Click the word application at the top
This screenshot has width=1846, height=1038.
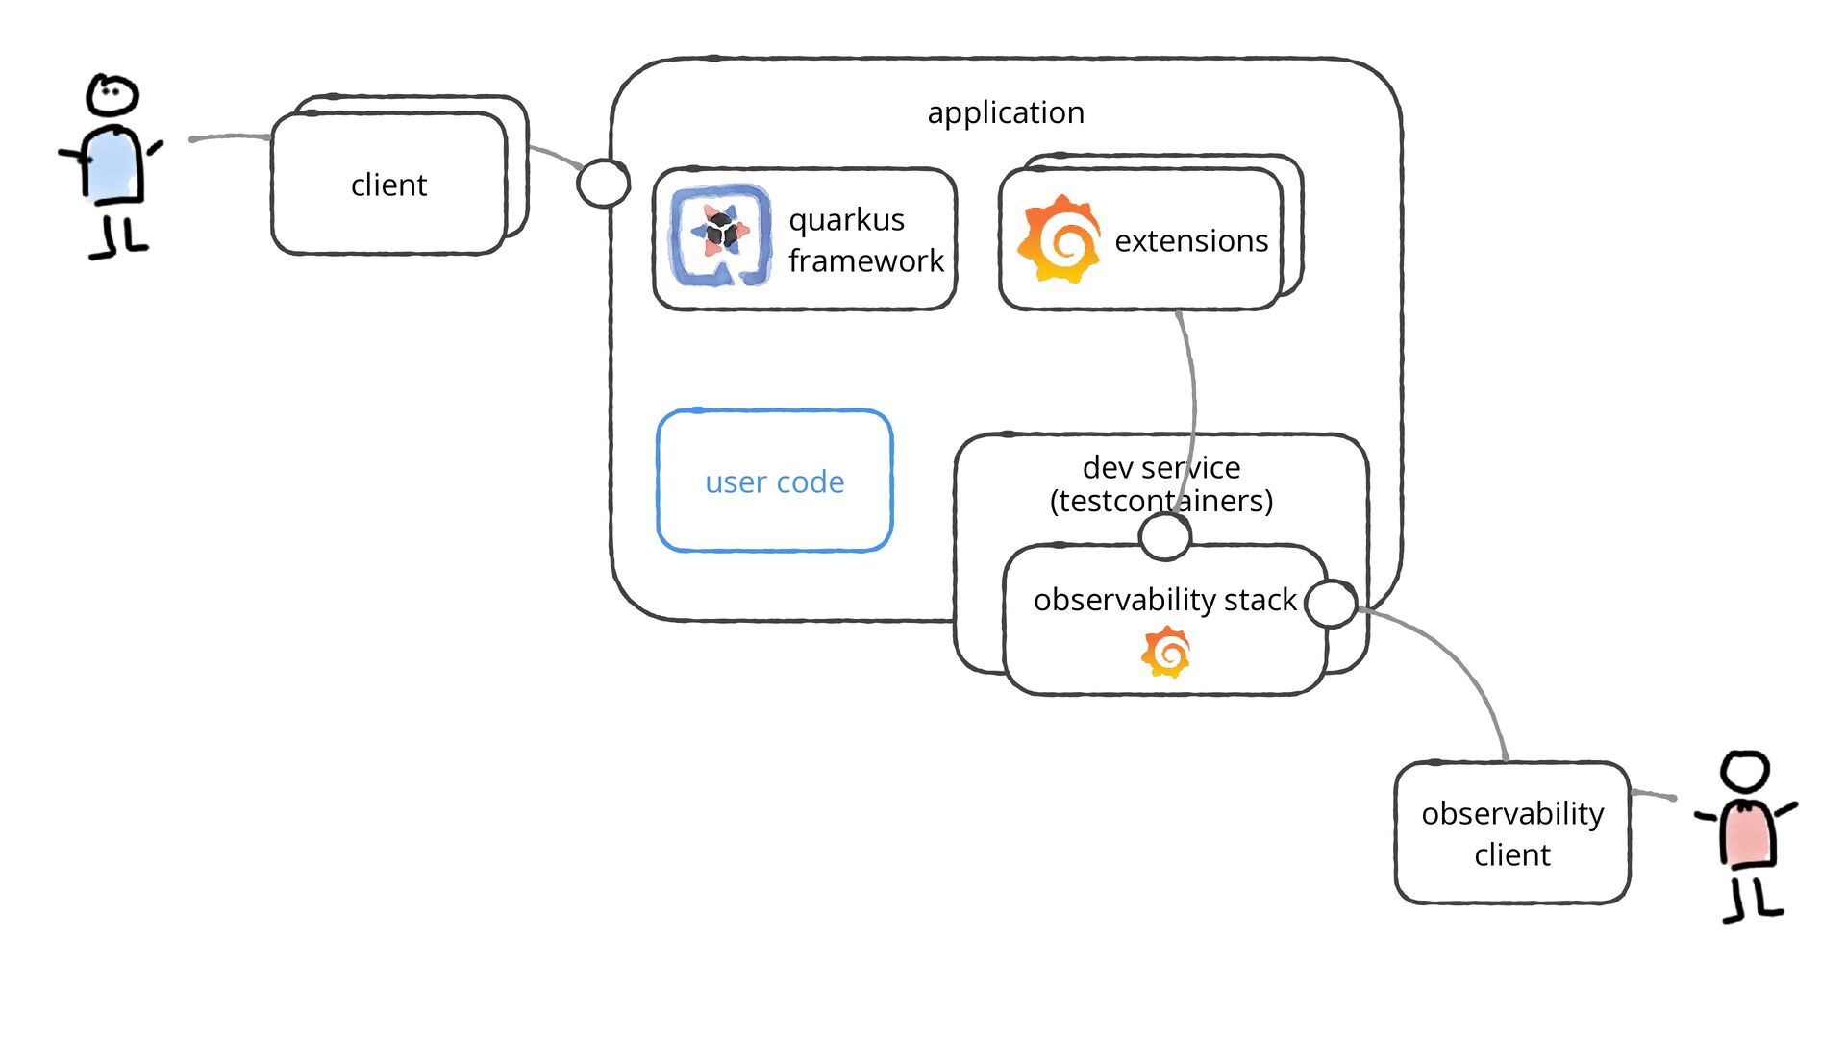point(1006,113)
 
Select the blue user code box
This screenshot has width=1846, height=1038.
point(775,482)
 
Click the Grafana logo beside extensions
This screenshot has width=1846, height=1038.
point(1060,239)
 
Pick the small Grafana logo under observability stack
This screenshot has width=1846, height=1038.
point(1166,653)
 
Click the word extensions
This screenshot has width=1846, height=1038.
point(1191,240)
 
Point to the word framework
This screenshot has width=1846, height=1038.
point(865,260)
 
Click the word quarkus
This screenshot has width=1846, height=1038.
point(846,220)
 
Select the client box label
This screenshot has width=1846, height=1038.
point(388,185)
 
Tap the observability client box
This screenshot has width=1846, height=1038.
point(1512,833)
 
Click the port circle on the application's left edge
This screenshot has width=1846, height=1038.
point(603,183)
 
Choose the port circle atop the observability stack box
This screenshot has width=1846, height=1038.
point(1165,535)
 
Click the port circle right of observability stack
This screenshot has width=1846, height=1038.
point(1332,604)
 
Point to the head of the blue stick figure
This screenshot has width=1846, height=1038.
point(112,95)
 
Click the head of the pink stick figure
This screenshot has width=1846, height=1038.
point(1745,772)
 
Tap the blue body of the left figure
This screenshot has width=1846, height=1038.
point(113,166)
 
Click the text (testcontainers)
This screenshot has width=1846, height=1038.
point(1161,501)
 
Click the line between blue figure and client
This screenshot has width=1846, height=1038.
point(231,136)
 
